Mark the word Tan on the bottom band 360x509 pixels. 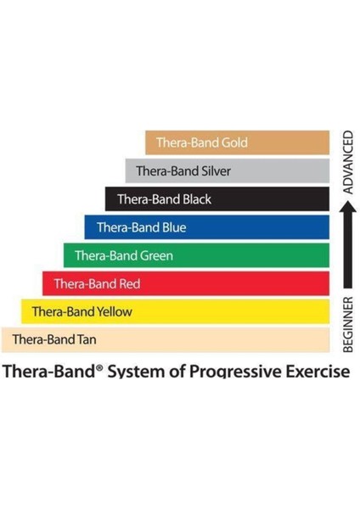point(85,340)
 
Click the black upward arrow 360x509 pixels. point(347,255)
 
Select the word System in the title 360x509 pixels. point(140,372)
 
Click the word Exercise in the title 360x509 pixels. point(318,372)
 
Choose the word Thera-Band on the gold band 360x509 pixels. point(188,143)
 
